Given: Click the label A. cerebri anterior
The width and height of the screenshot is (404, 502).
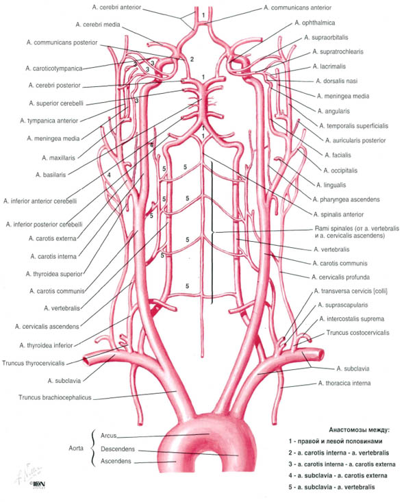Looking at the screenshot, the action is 116,8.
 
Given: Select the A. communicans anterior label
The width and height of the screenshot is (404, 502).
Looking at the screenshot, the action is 297,8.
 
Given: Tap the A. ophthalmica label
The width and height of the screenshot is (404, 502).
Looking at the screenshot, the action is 315,23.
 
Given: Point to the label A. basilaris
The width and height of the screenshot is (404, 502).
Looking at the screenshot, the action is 51,175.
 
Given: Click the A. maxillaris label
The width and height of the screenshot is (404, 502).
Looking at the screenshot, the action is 58,158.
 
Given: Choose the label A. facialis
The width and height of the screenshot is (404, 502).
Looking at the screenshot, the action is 338,155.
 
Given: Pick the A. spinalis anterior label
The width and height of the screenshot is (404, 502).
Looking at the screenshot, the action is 338,214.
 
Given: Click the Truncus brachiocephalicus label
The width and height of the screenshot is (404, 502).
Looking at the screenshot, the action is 55,398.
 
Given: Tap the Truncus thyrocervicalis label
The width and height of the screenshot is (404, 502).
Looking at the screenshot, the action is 34,364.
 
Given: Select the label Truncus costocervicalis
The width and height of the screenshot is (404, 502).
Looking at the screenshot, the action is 358,333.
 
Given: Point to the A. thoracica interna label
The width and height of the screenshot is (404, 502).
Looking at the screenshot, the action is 344,384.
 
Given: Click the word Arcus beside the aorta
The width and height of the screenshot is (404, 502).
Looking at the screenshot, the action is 109,436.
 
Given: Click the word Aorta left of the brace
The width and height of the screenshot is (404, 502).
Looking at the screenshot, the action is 76,448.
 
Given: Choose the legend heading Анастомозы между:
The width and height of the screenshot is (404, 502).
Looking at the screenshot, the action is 359,429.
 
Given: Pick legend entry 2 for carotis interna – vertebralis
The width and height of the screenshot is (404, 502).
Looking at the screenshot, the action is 339,453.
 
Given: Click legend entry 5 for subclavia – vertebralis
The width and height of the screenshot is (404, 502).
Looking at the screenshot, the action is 331,487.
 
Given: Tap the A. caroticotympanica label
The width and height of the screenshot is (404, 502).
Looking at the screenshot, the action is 54,68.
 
